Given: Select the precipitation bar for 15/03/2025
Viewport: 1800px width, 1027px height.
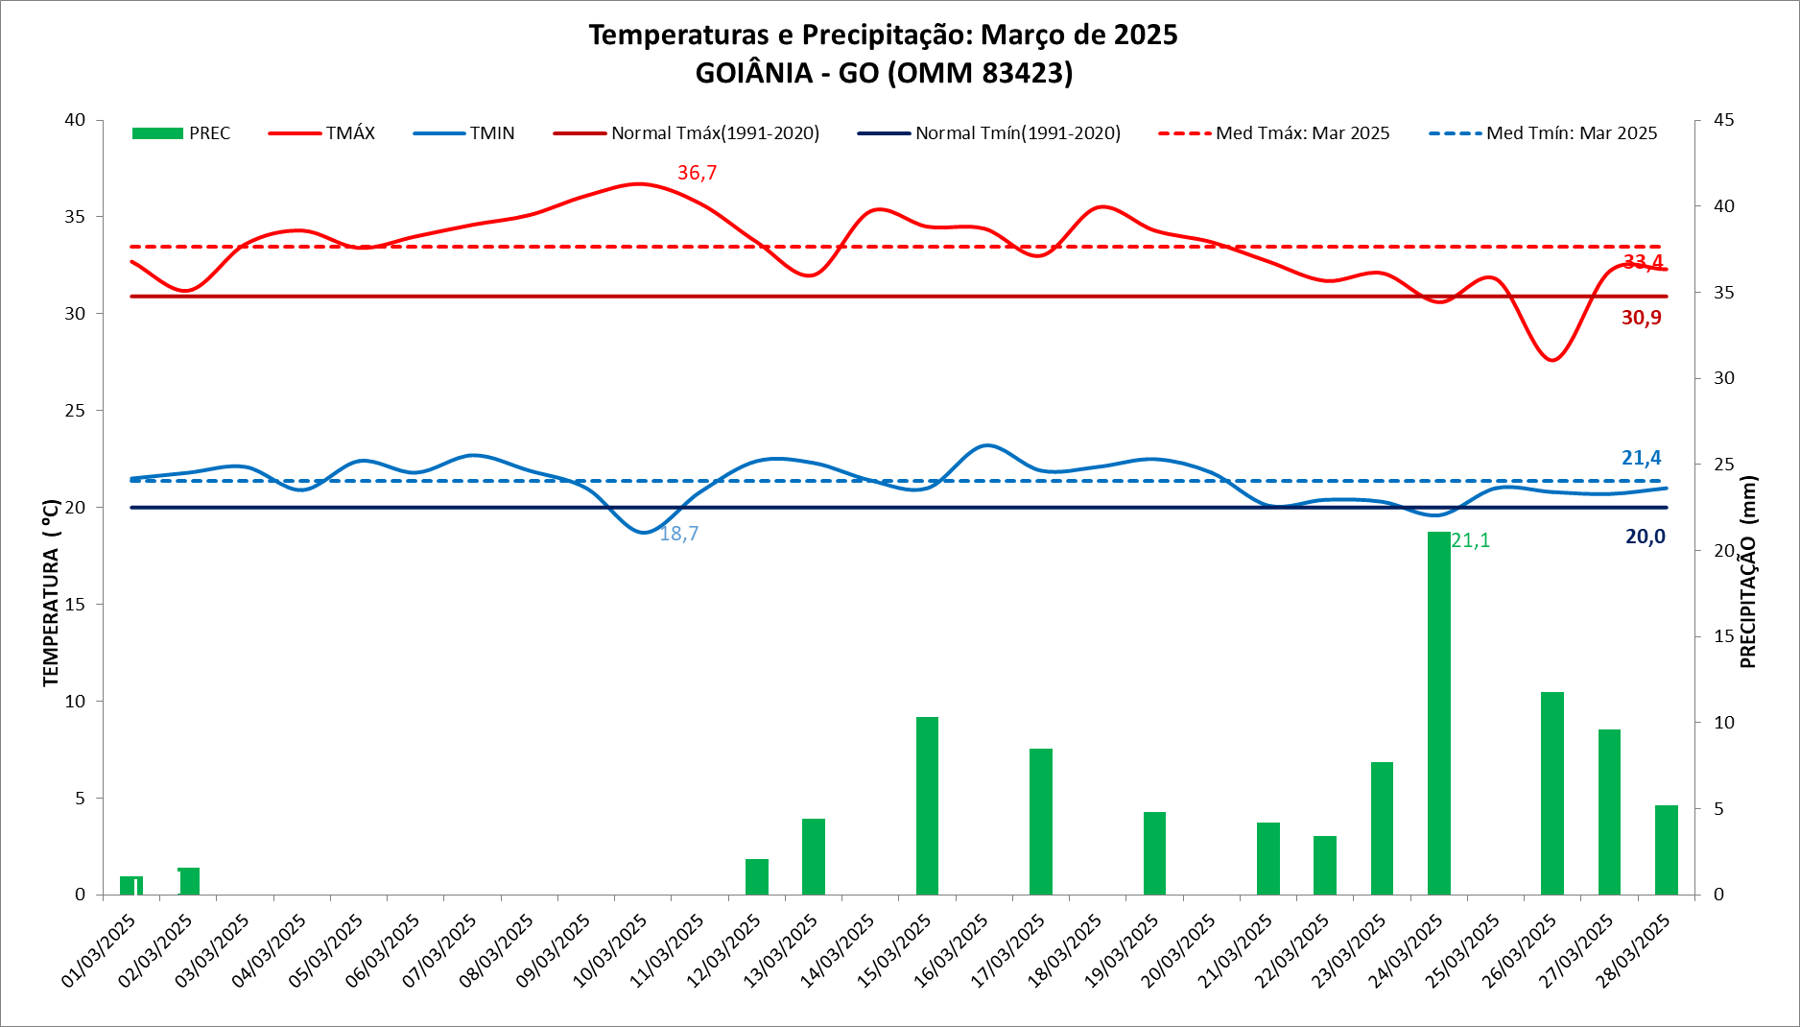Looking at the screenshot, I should click(x=927, y=805).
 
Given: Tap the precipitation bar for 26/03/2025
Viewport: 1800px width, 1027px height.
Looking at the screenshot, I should click(x=1551, y=793).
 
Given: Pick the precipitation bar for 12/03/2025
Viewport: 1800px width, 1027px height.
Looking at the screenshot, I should click(x=757, y=876).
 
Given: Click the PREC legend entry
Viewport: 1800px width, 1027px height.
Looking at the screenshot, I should click(x=181, y=133).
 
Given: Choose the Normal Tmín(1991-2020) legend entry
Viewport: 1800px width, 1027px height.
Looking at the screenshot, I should click(x=989, y=133).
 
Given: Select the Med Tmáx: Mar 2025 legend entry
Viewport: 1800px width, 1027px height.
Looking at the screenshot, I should click(x=1274, y=133).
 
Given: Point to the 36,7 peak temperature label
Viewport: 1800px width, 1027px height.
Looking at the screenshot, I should click(x=697, y=173).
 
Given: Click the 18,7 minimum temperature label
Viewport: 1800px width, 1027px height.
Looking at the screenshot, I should click(x=678, y=534).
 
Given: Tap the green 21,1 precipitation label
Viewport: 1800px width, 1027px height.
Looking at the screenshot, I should click(x=1470, y=541).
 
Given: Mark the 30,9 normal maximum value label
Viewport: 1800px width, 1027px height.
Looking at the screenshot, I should click(x=1641, y=318).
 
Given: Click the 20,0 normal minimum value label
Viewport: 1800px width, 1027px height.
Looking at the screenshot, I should click(x=1645, y=537).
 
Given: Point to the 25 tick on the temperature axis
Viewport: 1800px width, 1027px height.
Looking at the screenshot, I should click(x=75, y=411).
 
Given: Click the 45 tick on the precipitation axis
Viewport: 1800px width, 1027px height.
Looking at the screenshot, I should click(x=1723, y=120).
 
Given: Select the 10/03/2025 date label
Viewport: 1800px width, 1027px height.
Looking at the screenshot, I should click(x=611, y=951).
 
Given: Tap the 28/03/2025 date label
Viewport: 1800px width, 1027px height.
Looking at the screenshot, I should click(x=1634, y=951).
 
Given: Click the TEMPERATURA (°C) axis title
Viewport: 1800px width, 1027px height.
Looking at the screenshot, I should click(x=51, y=592).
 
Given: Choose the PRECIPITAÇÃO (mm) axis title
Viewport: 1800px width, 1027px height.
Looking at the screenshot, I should click(x=1748, y=572).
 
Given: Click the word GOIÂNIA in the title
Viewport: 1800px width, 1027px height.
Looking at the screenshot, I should click(x=754, y=73).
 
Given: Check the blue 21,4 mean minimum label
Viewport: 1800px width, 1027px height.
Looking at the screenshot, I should click(x=1641, y=458).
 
